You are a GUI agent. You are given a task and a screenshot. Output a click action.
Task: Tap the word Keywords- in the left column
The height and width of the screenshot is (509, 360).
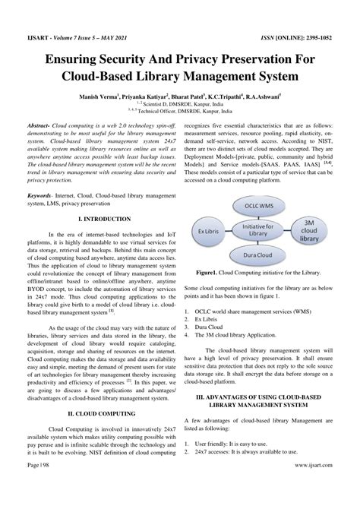click(x=44, y=195)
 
